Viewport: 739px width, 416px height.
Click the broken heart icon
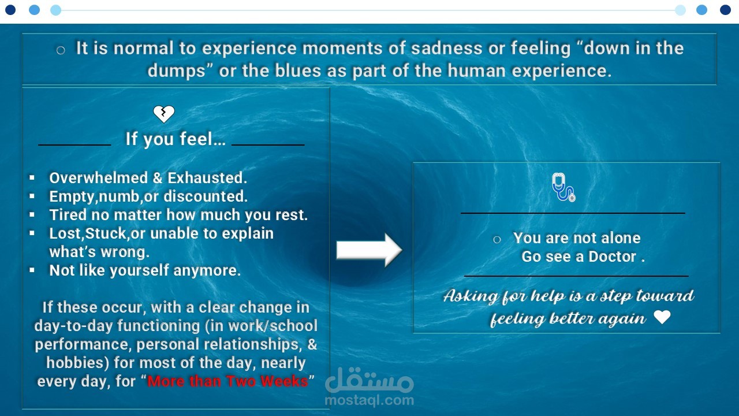tap(164, 114)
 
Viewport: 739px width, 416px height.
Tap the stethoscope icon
tap(563, 187)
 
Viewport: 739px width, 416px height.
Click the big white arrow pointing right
tap(369, 250)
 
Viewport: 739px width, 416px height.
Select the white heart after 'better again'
tap(662, 317)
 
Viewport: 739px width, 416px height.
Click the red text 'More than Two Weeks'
tap(227, 381)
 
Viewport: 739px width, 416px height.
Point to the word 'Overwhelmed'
tap(98, 178)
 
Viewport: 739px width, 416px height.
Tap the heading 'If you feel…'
tap(176, 139)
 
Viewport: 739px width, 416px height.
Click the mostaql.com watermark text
tap(369, 400)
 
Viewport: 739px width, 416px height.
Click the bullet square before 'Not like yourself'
tap(32, 270)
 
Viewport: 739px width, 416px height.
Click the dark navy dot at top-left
tap(10, 10)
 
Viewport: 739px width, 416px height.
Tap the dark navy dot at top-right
tap(725, 10)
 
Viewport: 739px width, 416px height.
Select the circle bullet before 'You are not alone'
tap(497, 240)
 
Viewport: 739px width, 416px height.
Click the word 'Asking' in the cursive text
tap(471, 296)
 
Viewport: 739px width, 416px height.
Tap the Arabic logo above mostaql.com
tap(369, 380)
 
